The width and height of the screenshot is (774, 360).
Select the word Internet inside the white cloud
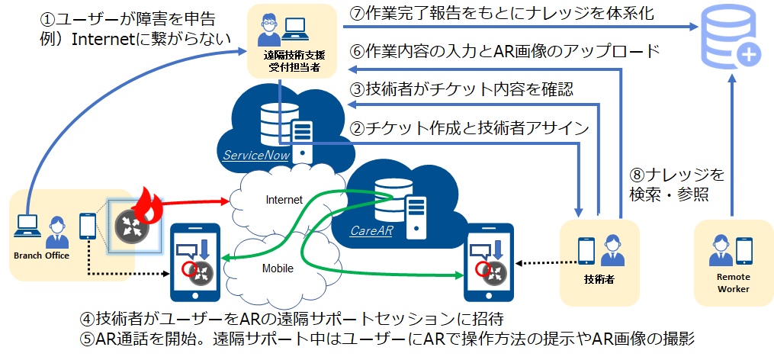click(x=284, y=200)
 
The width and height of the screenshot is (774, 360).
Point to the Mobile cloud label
click(x=278, y=268)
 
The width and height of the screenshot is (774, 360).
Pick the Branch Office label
click(x=41, y=256)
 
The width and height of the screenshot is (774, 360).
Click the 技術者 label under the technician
click(x=599, y=279)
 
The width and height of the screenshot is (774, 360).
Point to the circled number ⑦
click(x=357, y=14)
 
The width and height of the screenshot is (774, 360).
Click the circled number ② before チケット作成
click(x=357, y=128)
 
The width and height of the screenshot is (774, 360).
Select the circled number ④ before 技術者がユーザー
click(x=88, y=319)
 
